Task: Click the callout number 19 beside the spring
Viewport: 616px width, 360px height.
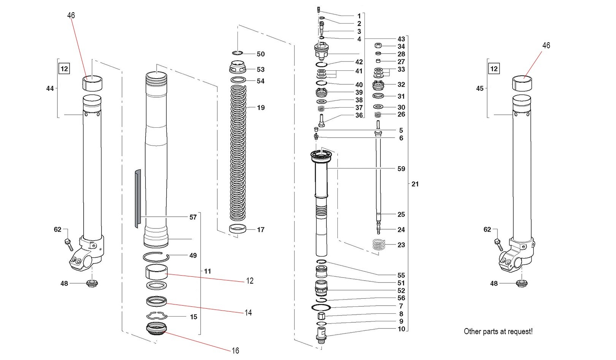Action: [x=260, y=108]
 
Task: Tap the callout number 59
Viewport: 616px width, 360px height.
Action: [x=401, y=168]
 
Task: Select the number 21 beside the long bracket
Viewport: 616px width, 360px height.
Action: [x=415, y=184]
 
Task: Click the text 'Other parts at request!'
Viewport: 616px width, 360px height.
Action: [x=498, y=331]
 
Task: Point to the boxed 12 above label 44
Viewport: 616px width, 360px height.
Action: [x=64, y=69]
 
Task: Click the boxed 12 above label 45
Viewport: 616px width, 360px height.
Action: [x=494, y=69]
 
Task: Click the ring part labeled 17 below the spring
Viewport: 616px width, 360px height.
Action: [x=238, y=229]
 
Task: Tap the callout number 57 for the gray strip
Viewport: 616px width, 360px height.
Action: [x=193, y=217]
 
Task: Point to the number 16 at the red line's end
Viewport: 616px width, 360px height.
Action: [x=236, y=350]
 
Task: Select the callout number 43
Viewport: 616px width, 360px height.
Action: [x=401, y=39]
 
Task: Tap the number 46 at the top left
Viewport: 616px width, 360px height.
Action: [x=71, y=15]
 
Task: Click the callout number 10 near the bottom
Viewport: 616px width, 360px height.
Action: [x=401, y=329]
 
